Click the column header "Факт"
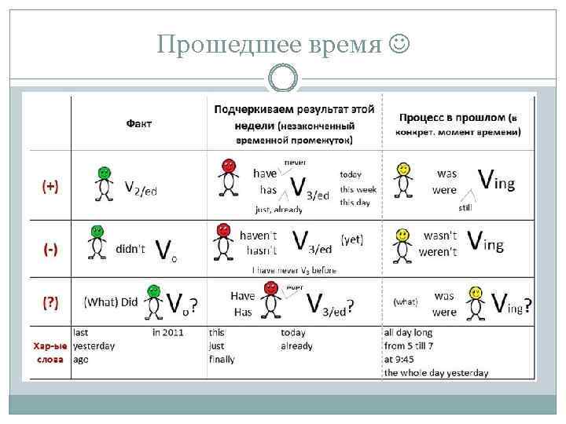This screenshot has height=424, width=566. coord(139,123)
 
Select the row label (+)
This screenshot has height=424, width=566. coord(51,186)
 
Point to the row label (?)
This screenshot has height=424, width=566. coord(51,303)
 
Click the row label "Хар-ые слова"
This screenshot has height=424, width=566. coord(50,352)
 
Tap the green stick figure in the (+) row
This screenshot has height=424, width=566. coord(102,185)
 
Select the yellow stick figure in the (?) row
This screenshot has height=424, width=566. coord(475,302)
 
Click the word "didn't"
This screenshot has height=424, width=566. coord(130,248)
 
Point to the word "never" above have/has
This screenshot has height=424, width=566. coord(295,162)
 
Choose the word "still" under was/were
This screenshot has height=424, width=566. coord(466,207)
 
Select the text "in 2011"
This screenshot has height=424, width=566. coord(167,332)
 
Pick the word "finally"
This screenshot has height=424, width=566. coord(222,359)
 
